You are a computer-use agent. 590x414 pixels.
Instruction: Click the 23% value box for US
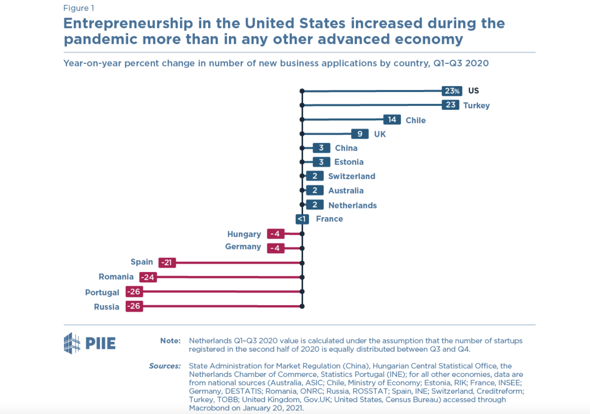click(452, 91)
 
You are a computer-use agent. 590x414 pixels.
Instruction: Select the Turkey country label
click(476, 105)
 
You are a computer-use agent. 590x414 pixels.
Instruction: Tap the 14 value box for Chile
click(392, 119)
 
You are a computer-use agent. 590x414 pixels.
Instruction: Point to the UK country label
click(380, 134)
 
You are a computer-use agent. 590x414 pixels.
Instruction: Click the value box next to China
click(321, 148)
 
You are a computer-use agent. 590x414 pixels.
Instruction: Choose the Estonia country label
click(349, 162)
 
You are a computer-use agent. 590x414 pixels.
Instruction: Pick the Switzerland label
click(351, 176)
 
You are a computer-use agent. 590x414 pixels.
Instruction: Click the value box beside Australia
click(315, 190)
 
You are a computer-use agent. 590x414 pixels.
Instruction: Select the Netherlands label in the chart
click(352, 205)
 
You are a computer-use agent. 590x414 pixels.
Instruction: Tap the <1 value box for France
click(302, 219)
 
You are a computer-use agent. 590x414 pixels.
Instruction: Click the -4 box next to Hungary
click(275, 234)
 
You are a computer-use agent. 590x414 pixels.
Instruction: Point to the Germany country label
click(243, 247)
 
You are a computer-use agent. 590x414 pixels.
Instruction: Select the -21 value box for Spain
click(167, 263)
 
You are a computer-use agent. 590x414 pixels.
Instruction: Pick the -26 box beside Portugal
click(134, 291)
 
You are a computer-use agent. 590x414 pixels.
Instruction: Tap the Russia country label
click(106, 307)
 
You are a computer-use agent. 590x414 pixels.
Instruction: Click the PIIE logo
click(90, 343)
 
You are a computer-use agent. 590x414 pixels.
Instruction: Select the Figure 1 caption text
click(79, 8)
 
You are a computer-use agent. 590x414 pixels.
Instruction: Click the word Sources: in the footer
click(165, 366)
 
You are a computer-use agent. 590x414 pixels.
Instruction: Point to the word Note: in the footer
click(170, 341)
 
